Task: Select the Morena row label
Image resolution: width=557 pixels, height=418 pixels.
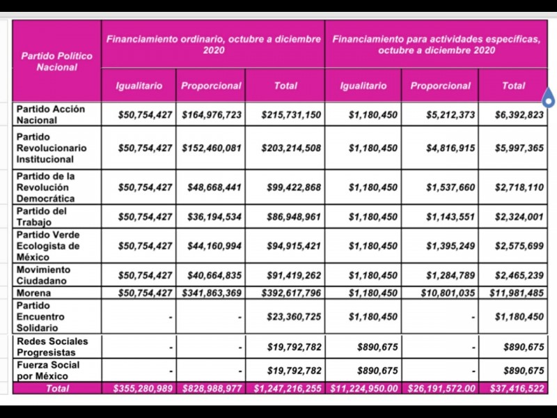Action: pyautogui.click(x=34, y=293)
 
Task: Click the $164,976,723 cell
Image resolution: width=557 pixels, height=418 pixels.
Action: pyautogui.click(x=212, y=114)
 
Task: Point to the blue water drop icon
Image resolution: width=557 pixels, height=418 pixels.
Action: pyautogui.click(x=548, y=98)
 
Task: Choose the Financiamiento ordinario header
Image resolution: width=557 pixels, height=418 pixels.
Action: pyautogui.click(x=213, y=45)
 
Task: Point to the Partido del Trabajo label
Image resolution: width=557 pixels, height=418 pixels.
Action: pyautogui.click(x=42, y=217)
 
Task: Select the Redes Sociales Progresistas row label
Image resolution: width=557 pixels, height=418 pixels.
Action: pyautogui.click(x=53, y=346)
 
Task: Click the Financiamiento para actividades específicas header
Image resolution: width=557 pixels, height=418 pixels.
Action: pyautogui.click(x=436, y=45)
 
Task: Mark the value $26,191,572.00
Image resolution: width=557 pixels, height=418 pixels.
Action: pyautogui.click(x=439, y=388)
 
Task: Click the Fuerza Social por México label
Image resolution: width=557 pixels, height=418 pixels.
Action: pyautogui.click(x=48, y=371)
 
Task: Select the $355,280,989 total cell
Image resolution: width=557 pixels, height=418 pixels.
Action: pyautogui.click(x=143, y=388)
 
